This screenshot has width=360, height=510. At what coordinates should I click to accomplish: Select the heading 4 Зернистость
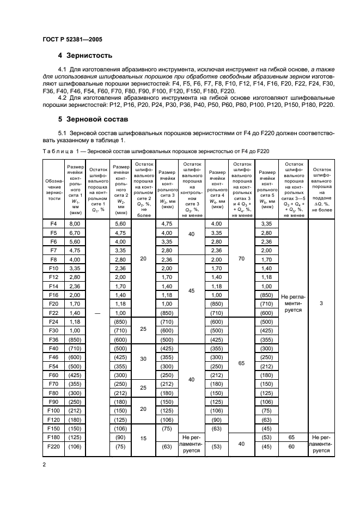point(85,55)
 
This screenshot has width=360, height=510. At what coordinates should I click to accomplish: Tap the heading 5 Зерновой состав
point(93,118)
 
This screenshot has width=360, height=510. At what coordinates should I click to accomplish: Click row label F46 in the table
point(53,357)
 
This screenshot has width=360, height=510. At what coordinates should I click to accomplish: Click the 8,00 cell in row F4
point(74,223)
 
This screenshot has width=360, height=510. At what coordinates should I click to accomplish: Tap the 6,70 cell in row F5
point(74,233)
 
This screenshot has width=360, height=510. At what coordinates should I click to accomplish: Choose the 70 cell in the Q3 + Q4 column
point(241,259)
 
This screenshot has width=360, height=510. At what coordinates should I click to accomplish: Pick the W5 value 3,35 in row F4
point(267,223)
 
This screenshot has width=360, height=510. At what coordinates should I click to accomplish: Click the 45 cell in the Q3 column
point(191,291)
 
